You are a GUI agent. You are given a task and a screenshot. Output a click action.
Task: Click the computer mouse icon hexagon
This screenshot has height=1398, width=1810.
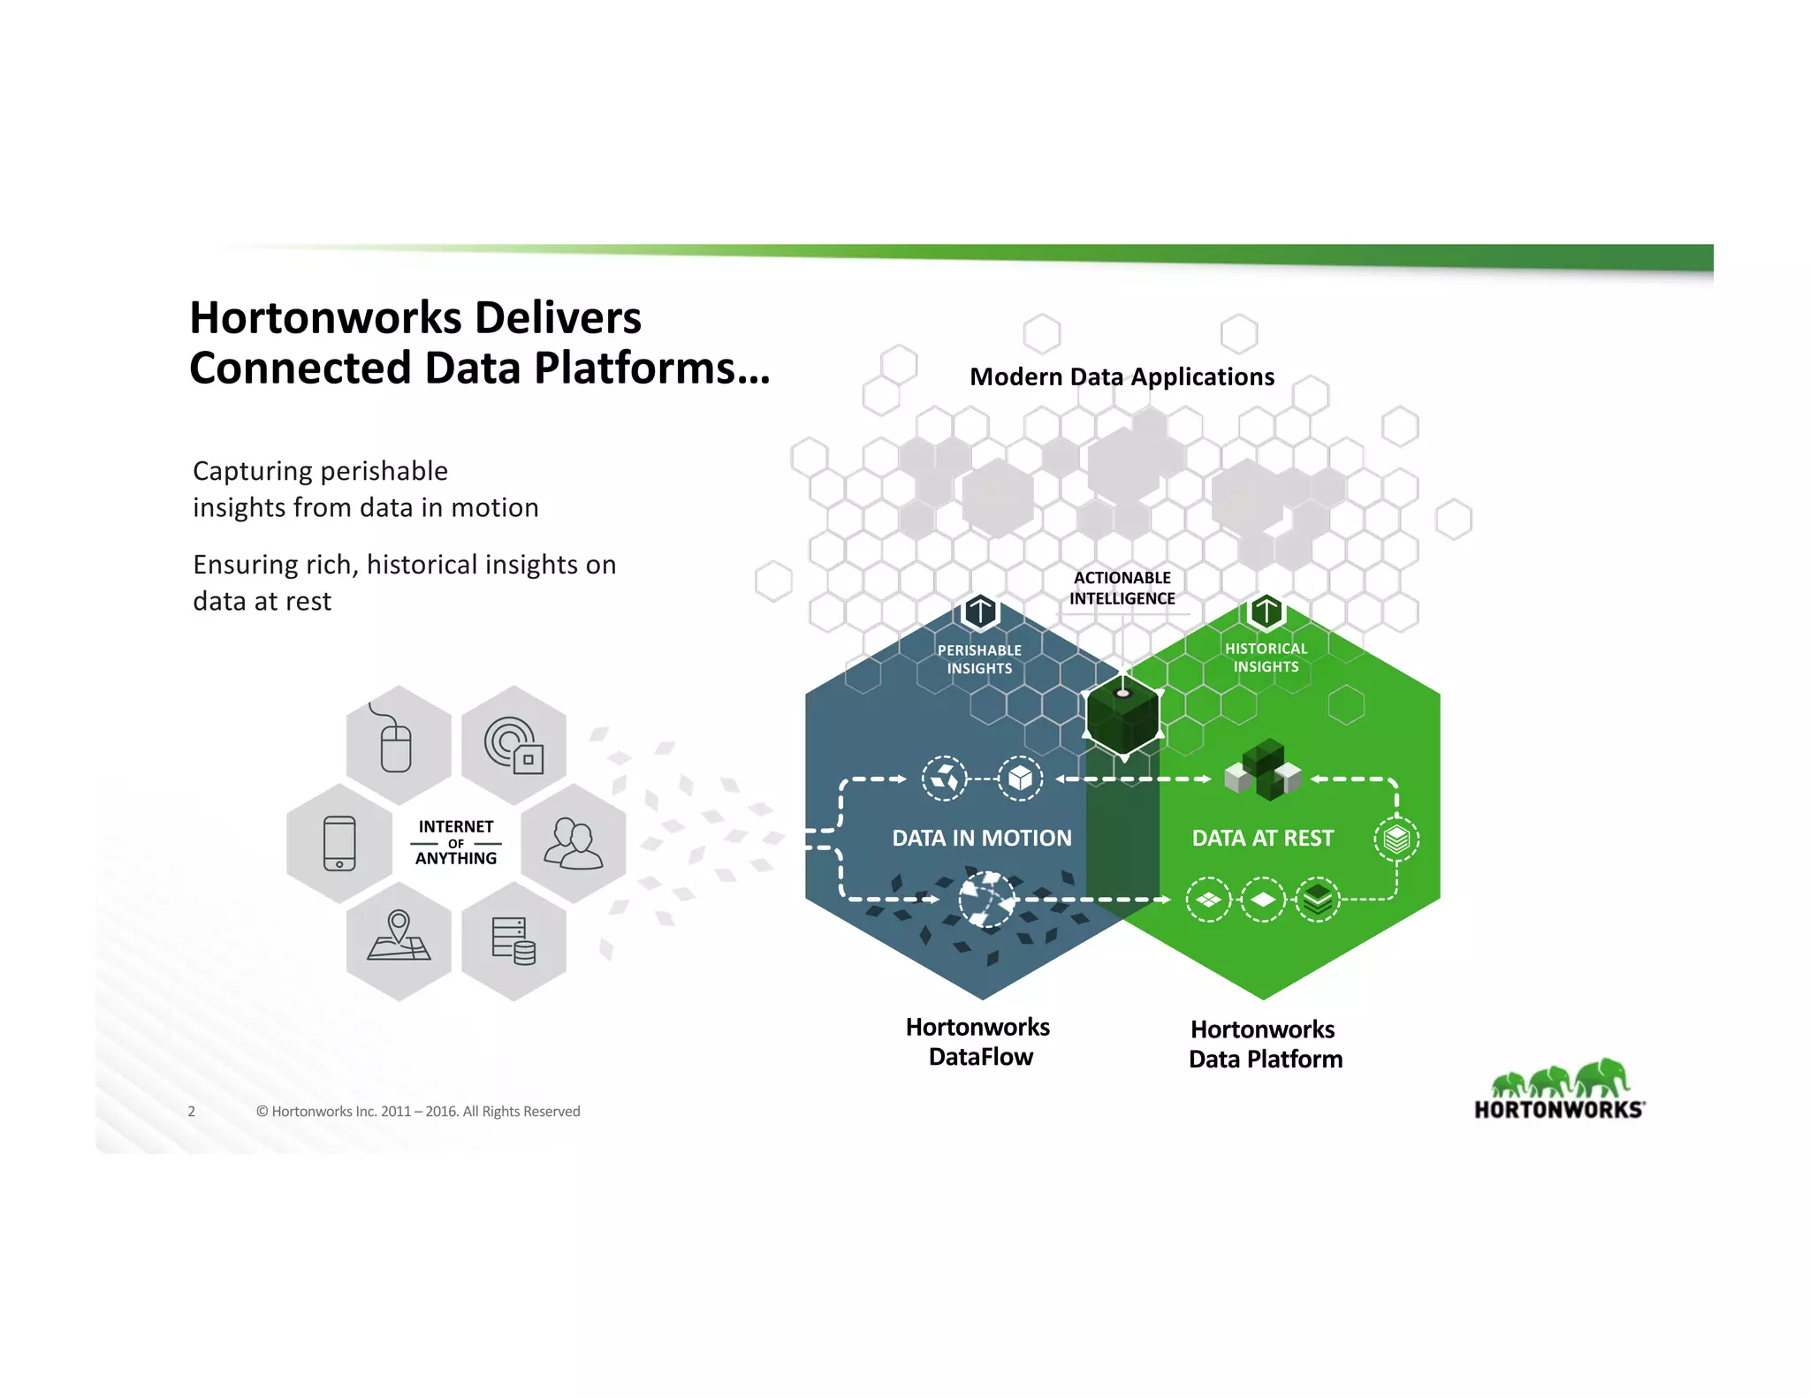coord(398,744)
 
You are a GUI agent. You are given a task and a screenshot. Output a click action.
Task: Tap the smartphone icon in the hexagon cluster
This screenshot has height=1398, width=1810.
coord(339,843)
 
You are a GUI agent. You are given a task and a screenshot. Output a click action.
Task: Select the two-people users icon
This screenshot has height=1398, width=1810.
coord(574,843)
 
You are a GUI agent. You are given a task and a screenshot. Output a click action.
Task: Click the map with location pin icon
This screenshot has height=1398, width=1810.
coord(399,938)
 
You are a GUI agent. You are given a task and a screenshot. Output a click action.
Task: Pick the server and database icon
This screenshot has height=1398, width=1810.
coord(513,940)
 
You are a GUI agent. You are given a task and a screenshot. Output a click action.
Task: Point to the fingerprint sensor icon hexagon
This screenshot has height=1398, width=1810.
coord(513,745)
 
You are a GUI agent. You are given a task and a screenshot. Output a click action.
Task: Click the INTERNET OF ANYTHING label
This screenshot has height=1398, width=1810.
coord(456,842)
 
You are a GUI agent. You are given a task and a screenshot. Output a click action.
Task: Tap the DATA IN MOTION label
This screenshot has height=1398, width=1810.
coord(981,838)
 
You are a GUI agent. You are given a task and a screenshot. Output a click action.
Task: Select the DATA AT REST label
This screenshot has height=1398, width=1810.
coord(1262,838)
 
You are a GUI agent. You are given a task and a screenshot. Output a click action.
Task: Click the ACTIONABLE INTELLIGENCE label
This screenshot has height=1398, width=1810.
coord(1122,588)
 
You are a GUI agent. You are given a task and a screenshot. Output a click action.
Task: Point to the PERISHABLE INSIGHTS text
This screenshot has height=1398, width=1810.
coord(979,659)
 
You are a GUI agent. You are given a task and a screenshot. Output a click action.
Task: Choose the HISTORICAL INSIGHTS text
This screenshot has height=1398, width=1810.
coord(1266,657)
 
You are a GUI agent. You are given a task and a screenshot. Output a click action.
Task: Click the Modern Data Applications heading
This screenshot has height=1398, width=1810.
coord(1122,376)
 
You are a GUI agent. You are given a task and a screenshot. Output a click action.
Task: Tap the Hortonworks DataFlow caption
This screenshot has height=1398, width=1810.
coord(978,1042)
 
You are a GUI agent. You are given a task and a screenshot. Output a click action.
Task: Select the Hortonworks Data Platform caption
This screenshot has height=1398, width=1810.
coord(1265,1044)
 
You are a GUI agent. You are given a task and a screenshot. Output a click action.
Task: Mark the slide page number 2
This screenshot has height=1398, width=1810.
coord(191,1112)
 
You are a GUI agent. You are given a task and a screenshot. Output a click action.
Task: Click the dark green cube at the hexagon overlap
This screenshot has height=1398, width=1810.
coord(1122,718)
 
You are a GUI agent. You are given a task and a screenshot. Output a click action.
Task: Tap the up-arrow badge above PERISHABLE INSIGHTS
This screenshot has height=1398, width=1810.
coord(980,611)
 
